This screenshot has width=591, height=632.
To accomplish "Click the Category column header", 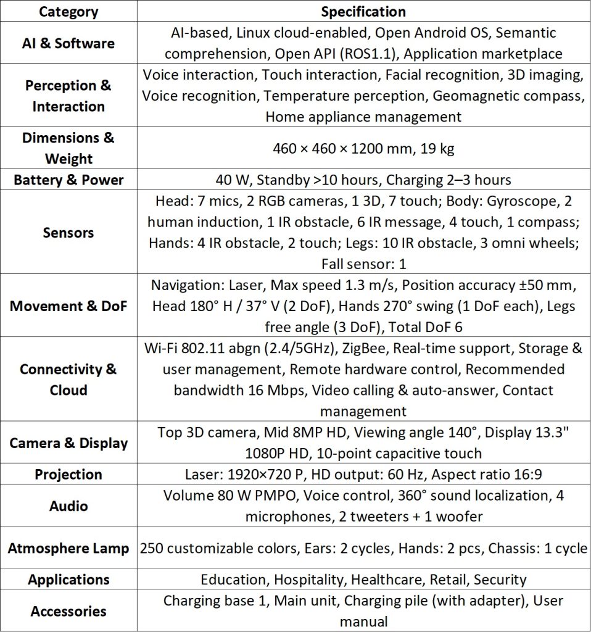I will [x=68, y=12].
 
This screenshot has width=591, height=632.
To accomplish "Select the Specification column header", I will [x=363, y=12].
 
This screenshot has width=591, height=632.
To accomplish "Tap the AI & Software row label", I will [x=68, y=43].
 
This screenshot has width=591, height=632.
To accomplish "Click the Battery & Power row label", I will [x=68, y=180].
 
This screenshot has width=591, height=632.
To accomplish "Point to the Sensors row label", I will [x=68, y=233].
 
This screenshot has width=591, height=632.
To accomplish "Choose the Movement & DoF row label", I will [x=68, y=306].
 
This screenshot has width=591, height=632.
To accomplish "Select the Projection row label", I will [x=68, y=475].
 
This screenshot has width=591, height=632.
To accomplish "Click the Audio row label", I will [x=68, y=506].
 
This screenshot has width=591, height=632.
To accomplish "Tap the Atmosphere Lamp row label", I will [x=68, y=548].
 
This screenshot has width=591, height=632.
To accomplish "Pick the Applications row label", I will [x=68, y=580].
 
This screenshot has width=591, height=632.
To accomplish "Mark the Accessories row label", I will [x=68, y=611].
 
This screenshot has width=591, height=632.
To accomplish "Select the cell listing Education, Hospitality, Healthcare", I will [x=363, y=580].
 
